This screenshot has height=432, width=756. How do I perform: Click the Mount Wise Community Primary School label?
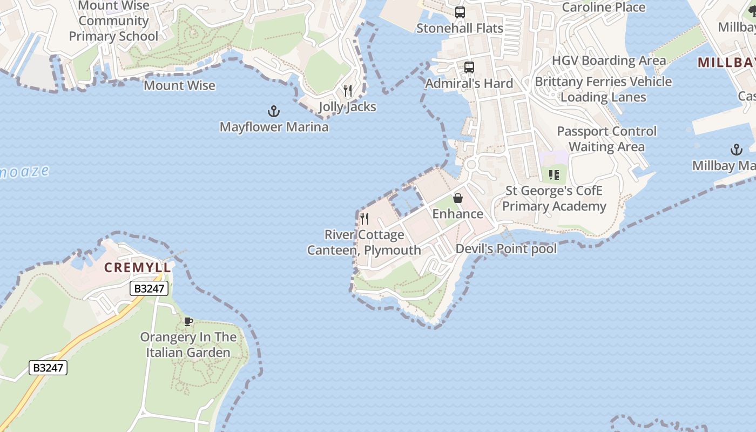(113, 21)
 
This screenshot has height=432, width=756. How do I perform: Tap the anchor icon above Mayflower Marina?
(274, 112)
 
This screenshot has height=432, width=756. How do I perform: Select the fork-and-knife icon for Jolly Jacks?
(348, 91)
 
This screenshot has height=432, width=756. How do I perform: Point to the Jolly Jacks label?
(347, 107)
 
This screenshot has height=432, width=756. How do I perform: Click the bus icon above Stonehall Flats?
(460, 12)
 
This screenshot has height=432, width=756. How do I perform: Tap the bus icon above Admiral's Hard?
(469, 67)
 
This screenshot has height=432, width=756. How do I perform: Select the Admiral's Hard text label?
(469, 84)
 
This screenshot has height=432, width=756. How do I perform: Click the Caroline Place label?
(604, 8)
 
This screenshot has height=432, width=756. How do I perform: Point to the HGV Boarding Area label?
(609, 60)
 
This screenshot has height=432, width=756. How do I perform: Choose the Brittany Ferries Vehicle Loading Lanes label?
(603, 90)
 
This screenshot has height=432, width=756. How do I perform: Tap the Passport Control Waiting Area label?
(606, 139)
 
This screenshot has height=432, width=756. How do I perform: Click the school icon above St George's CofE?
(553, 174)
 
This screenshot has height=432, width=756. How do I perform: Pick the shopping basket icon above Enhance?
(458, 198)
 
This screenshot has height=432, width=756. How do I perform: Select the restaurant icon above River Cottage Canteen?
(364, 219)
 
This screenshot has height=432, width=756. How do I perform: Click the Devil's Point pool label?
(506, 249)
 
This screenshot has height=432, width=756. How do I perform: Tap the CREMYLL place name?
(138, 267)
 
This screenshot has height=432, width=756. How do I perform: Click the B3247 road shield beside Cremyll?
(149, 288)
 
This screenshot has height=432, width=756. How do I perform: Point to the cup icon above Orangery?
(188, 321)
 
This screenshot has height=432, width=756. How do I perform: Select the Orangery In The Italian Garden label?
(188, 345)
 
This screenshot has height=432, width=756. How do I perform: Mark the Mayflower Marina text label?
(274, 127)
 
